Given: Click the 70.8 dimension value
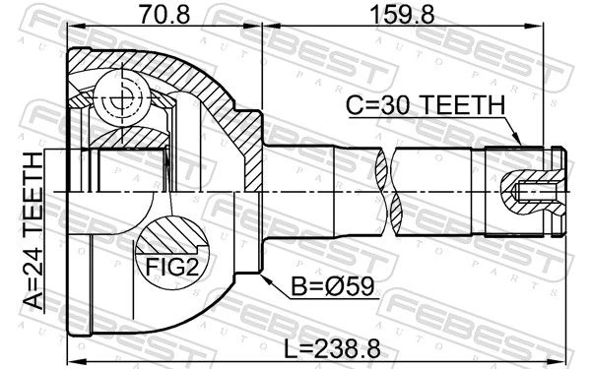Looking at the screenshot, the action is (164, 15).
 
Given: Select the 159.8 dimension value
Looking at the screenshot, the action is (402, 15).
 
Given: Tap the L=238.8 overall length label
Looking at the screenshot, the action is (332, 348).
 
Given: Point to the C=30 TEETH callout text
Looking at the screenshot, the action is (426, 104).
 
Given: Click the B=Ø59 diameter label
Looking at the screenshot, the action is (333, 286).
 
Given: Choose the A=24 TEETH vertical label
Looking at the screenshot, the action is (33, 231).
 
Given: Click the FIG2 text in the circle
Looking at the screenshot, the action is (171, 267).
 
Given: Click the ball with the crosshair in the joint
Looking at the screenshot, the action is (123, 98).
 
